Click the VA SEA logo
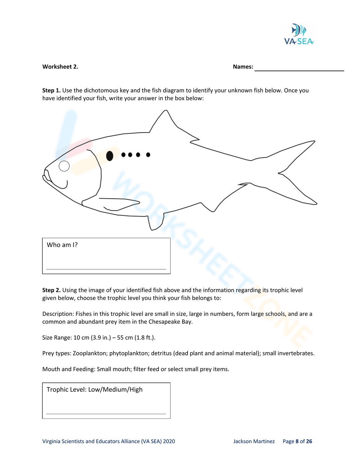[x=299, y=34]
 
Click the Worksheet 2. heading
[x=60, y=67]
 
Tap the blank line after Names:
[x=299, y=68]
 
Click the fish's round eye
[x=64, y=166]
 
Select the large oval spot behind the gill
[x=110, y=156]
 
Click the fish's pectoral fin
[x=119, y=203]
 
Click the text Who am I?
[x=62, y=245]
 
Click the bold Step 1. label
[x=51, y=90]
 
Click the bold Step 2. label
[x=51, y=290]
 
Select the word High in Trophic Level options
[x=136, y=390]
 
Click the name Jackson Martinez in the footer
[x=254, y=442]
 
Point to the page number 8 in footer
[x=297, y=442]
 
